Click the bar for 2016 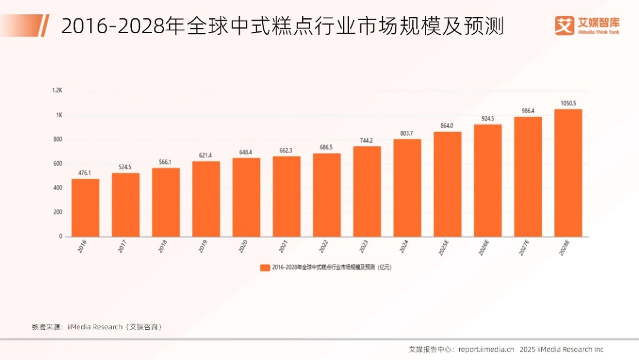(x=85, y=207)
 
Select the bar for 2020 (x=246, y=197)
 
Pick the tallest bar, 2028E (x=568, y=172)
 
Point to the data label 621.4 (x=206, y=156)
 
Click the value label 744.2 (x=367, y=140)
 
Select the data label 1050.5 (x=568, y=104)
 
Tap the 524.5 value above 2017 (x=125, y=168)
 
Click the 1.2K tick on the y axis (x=57, y=91)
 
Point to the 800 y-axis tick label (x=57, y=139)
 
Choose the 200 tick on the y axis (x=57, y=212)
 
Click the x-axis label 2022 (x=322, y=247)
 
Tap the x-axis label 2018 (x=162, y=247)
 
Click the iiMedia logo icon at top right (x=565, y=25)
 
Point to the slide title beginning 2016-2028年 (x=283, y=26)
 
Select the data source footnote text (x=97, y=327)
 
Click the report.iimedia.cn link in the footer (x=486, y=349)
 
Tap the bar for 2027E (x=528, y=176)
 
